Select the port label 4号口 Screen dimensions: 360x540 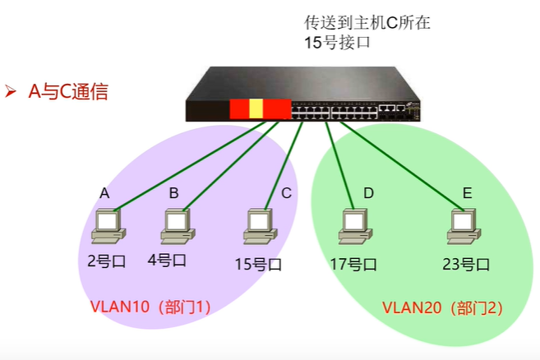167,261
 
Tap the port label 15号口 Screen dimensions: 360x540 257,265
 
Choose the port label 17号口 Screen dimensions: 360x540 353,265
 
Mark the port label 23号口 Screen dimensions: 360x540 465,265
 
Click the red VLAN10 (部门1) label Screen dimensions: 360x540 151,307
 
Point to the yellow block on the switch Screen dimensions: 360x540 256,108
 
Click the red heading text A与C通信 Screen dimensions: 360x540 68,91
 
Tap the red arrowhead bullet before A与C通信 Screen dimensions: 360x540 12,90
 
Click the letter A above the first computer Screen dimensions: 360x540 104,193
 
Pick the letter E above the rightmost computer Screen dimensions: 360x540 467,193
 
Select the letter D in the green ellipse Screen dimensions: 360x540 368,193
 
